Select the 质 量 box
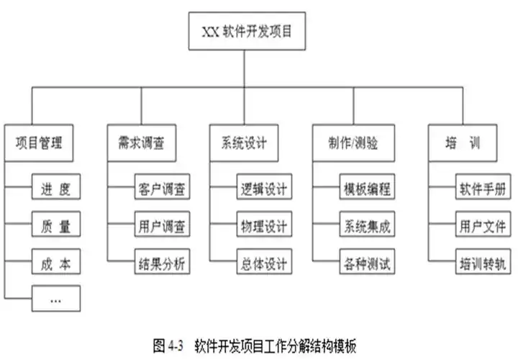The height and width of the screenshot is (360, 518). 55,225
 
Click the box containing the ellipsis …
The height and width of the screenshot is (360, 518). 55,298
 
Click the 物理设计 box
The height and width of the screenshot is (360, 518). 264,225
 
